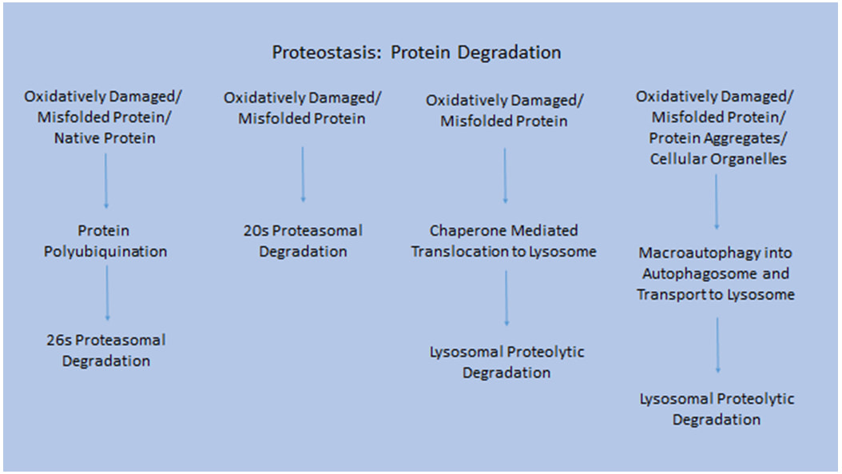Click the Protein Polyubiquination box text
(x=105, y=241)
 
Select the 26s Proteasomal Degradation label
(x=105, y=350)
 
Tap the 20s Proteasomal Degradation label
(x=303, y=241)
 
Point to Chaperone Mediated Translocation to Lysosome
(x=504, y=241)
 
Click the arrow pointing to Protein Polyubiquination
(x=105, y=181)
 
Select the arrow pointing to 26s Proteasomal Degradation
(x=107, y=293)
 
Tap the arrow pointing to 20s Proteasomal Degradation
(x=303, y=175)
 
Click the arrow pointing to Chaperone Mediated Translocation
(x=505, y=176)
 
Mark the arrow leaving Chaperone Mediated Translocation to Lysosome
(x=506, y=298)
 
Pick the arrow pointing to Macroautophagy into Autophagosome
(x=717, y=202)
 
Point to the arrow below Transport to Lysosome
(x=717, y=345)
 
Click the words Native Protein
(x=105, y=138)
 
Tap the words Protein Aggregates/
(x=717, y=138)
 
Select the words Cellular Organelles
(x=718, y=159)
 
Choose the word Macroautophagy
(x=684, y=253)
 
